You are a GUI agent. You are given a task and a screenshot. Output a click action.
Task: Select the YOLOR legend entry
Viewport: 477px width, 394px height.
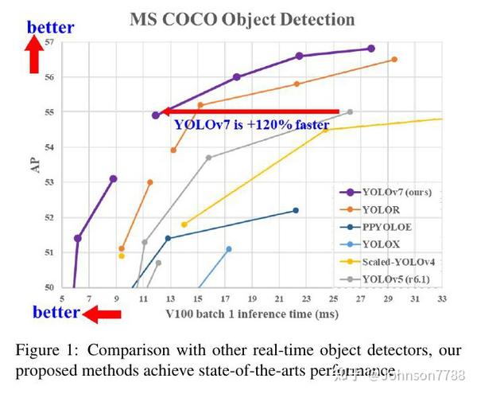click(382, 209)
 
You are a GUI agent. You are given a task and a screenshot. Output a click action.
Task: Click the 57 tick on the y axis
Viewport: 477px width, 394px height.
click(49, 41)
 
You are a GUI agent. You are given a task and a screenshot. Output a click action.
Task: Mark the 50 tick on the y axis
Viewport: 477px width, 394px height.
click(49, 287)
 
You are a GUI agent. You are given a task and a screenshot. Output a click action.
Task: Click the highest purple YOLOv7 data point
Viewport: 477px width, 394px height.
click(371, 49)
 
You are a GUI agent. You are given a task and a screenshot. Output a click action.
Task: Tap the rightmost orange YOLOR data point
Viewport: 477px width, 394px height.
click(394, 60)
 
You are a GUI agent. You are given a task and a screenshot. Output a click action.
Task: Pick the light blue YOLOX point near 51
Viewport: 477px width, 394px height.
click(229, 249)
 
